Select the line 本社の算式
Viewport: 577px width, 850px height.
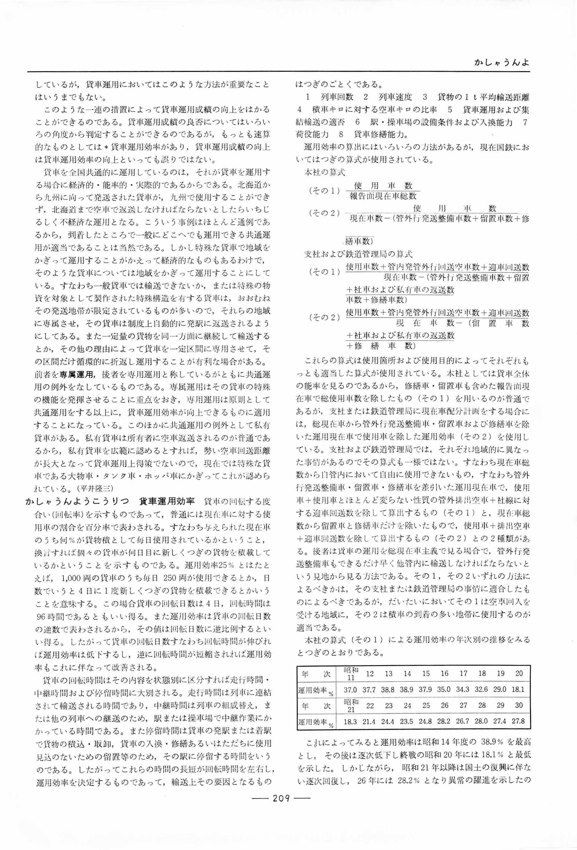point(324,171)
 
